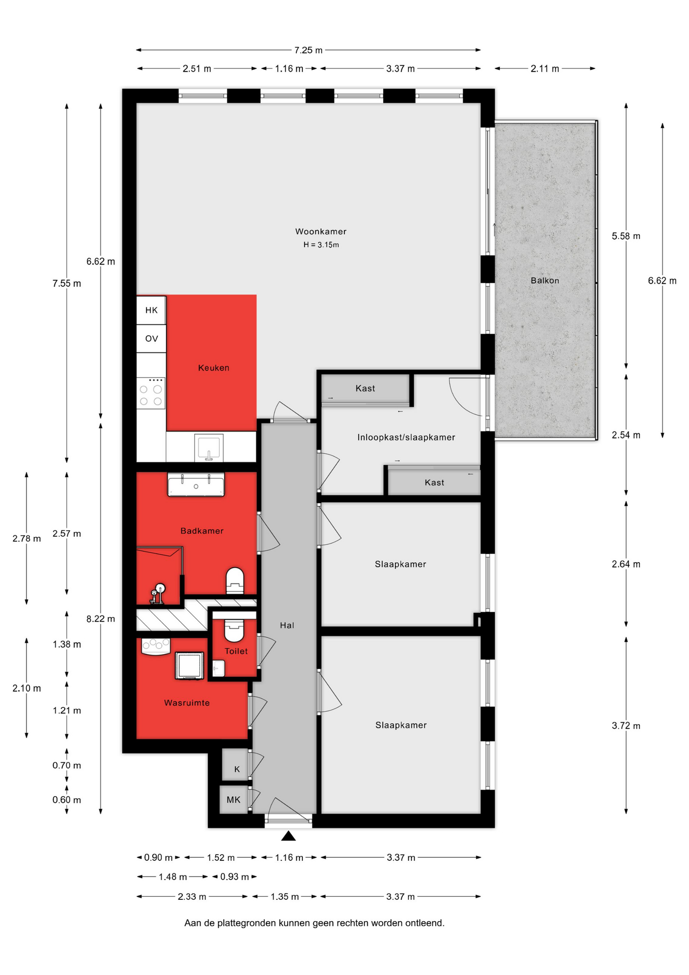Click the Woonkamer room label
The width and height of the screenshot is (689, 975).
pyautogui.click(x=321, y=232)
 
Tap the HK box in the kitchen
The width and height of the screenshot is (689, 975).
pyautogui.click(x=151, y=310)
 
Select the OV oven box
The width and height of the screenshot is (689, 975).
pyautogui.click(x=151, y=339)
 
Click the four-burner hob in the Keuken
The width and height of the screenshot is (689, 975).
pyautogui.click(x=151, y=393)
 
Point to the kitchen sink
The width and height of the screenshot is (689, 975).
pyautogui.click(x=209, y=447)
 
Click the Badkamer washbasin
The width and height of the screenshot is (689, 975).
pyautogui.click(x=196, y=485)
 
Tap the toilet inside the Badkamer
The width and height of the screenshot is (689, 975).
pyautogui.click(x=234, y=580)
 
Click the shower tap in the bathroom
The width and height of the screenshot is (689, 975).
pyautogui.click(x=158, y=593)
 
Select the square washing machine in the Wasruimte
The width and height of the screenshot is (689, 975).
pyautogui.click(x=189, y=665)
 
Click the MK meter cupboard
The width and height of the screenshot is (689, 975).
pyautogui.click(x=233, y=800)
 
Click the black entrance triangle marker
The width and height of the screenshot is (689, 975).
pyautogui.click(x=288, y=835)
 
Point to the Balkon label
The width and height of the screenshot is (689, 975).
pyautogui.click(x=545, y=280)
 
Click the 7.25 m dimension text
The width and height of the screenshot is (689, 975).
pyautogui.click(x=308, y=50)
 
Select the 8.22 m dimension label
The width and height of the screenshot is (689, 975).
pyautogui.click(x=100, y=619)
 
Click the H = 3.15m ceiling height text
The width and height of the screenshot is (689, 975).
pyautogui.click(x=321, y=245)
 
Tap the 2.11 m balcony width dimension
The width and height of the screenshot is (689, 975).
pyautogui.click(x=545, y=69)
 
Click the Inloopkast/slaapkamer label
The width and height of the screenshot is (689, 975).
pyautogui.click(x=406, y=437)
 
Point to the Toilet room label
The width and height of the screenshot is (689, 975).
pyautogui.click(x=236, y=651)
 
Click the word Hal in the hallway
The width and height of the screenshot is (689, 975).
pyautogui.click(x=287, y=625)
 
